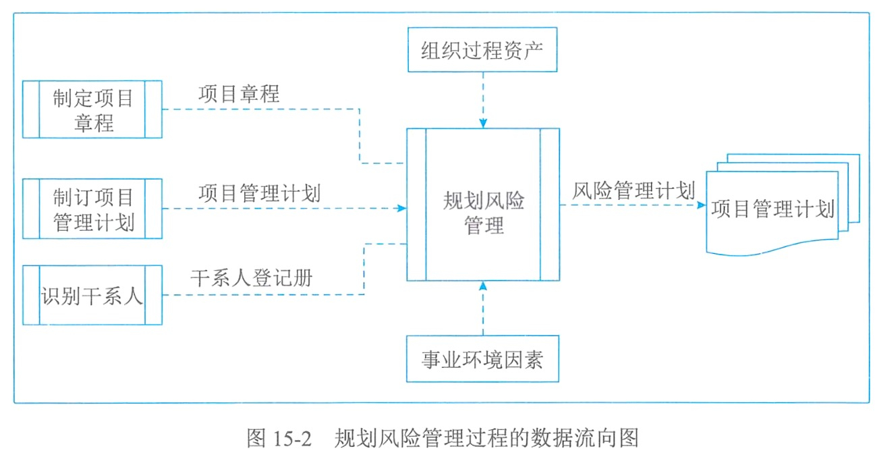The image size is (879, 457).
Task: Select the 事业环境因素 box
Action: click(482, 359)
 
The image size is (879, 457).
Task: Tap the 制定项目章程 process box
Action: click(92, 109)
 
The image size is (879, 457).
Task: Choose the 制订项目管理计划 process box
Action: click(92, 209)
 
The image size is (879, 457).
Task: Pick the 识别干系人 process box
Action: click(92, 295)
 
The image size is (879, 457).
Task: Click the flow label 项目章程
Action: click(239, 94)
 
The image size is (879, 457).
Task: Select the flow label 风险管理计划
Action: click(633, 191)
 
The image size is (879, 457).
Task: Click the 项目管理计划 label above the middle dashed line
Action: click(260, 193)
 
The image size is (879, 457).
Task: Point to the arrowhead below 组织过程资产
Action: click(483, 124)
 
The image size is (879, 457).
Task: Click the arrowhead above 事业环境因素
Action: click(483, 286)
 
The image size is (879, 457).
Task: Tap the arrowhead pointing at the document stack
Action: click(700, 204)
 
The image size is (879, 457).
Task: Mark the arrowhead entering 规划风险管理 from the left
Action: click(402, 209)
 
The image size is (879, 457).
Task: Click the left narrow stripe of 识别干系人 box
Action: click(31, 295)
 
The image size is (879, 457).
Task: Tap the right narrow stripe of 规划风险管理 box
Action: click(549, 205)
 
